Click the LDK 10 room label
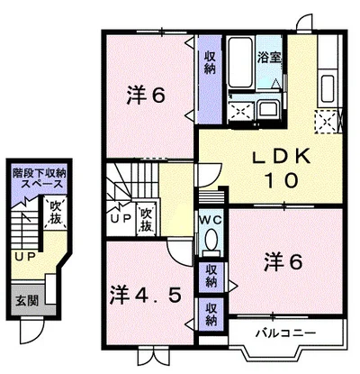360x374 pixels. click(x=282, y=169)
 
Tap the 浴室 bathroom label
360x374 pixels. click(x=269, y=58)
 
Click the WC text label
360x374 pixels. click(x=211, y=220)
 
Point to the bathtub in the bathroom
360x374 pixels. click(x=240, y=62)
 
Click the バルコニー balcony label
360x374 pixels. click(x=285, y=333)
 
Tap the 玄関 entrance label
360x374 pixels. click(x=27, y=300)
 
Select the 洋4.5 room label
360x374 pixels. click(x=146, y=295)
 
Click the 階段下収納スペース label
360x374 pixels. click(x=39, y=178)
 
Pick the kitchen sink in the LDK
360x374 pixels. click(x=328, y=89)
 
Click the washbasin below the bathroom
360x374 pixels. click(x=268, y=109)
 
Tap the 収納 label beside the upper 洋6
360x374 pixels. click(x=211, y=62)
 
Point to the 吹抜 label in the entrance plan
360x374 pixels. click(x=56, y=213)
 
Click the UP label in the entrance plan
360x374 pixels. click(x=24, y=256)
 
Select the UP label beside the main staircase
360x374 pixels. click(x=121, y=218)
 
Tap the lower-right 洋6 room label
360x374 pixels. click(x=283, y=262)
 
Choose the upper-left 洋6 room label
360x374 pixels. click(x=146, y=96)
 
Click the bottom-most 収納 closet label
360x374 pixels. click(x=211, y=315)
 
